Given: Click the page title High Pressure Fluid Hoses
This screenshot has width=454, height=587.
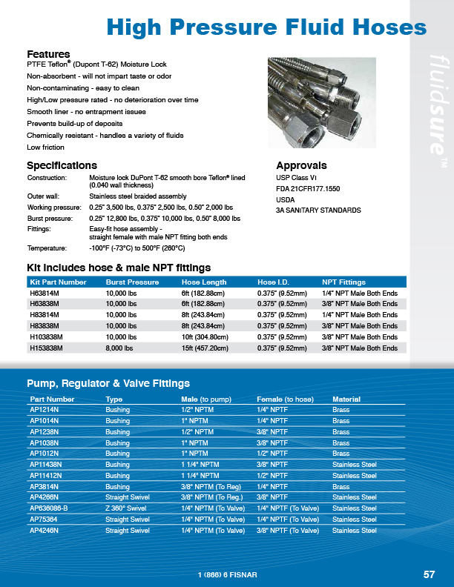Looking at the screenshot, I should [267, 28].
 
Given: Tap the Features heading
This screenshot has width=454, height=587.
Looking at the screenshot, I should [48, 54].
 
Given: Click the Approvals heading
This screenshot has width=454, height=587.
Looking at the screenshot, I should [301, 165].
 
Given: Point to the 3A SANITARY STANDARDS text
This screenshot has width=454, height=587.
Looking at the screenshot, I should [318, 210].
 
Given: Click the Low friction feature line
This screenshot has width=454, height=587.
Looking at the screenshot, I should [45, 147].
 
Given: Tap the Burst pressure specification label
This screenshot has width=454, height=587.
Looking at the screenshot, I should [50, 219].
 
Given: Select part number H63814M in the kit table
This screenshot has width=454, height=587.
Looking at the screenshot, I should [46, 293].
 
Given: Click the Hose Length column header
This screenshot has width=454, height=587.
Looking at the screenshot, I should [204, 282].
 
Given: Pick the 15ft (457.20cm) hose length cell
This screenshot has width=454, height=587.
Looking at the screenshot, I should [208, 348].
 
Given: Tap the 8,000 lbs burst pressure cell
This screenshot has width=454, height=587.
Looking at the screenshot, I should [122, 348].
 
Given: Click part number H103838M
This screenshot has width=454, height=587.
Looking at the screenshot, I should [48, 336].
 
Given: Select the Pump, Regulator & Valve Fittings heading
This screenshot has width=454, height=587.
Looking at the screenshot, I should [108, 383].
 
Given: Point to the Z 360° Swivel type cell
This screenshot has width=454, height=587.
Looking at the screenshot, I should [127, 508].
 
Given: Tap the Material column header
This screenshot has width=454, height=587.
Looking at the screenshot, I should [346, 399].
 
